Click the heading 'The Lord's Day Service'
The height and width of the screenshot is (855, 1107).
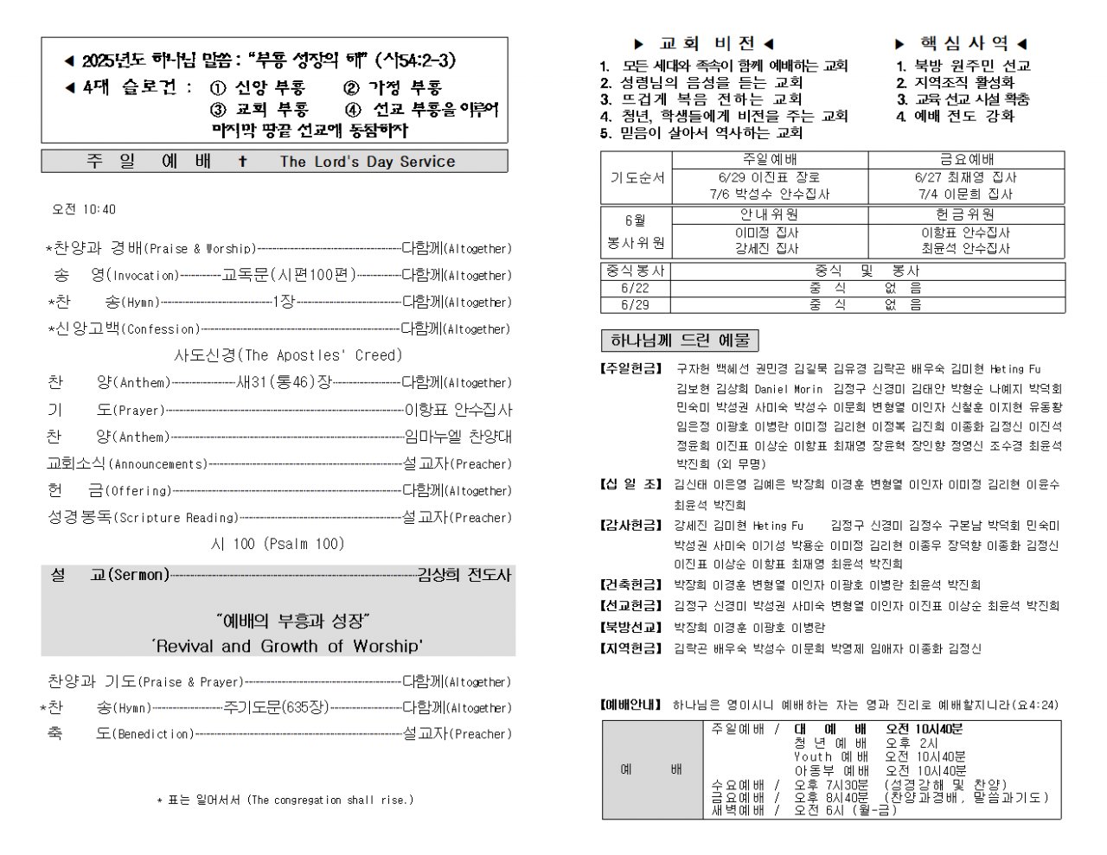(x=367, y=162)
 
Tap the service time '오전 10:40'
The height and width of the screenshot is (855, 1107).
(x=84, y=209)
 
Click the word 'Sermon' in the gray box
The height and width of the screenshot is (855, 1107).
(x=139, y=575)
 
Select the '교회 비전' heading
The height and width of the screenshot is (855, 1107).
(x=707, y=43)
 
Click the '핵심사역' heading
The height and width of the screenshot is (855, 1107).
(x=963, y=43)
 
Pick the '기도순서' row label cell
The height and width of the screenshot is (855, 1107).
(x=637, y=177)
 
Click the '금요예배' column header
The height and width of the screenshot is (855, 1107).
(x=966, y=160)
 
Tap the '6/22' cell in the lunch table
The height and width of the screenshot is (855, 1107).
(x=635, y=288)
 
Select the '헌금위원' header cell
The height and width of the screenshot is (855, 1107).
(x=965, y=214)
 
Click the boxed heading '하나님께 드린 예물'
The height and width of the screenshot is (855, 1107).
(x=680, y=340)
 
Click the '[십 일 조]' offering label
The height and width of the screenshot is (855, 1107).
(x=631, y=484)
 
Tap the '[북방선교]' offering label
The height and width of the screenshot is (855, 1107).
(x=631, y=628)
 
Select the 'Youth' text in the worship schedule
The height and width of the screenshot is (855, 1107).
(x=812, y=756)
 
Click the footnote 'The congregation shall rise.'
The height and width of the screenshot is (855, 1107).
(x=330, y=801)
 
